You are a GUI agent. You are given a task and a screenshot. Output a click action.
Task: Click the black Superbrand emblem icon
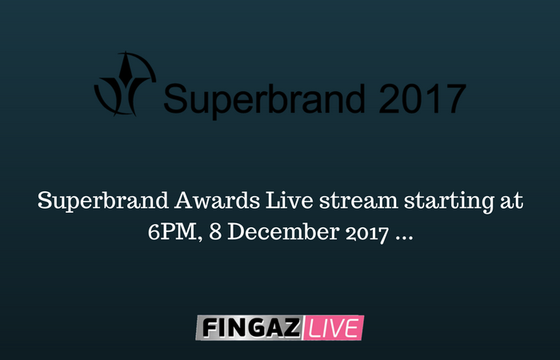(125, 84)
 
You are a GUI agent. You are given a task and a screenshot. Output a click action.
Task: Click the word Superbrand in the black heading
(264, 99)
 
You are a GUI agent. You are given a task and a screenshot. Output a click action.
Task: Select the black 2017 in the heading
(422, 98)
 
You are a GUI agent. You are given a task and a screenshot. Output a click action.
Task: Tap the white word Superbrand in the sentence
(103, 201)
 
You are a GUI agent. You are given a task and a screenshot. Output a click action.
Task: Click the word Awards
(217, 200)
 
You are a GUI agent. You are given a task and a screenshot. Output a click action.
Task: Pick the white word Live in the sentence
(290, 200)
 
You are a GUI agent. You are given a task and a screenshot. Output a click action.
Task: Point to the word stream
(358, 201)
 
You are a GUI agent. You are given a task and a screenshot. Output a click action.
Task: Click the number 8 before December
(215, 232)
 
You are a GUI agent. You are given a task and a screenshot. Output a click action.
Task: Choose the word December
(283, 232)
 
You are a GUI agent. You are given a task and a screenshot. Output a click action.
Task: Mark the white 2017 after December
(367, 234)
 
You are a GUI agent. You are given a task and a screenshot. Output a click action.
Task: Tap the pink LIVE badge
(334, 327)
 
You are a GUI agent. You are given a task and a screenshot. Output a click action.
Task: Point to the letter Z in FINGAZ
(291, 328)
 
